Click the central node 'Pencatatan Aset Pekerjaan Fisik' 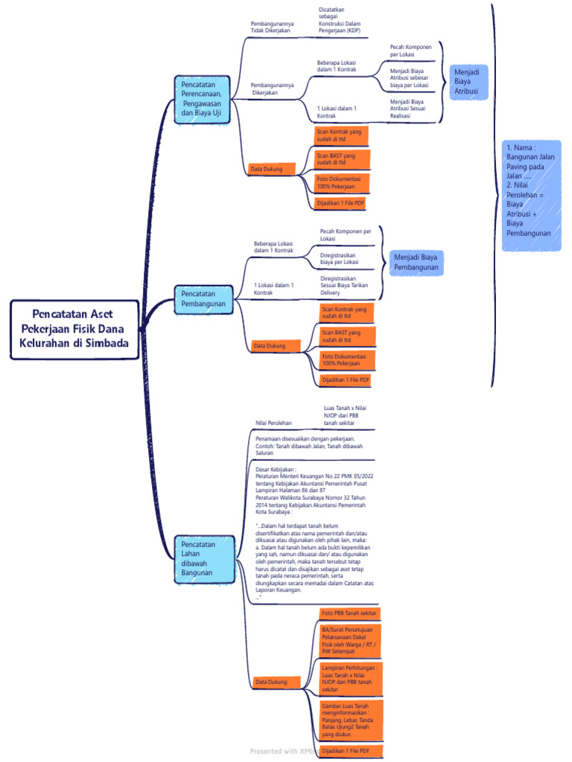[75, 329]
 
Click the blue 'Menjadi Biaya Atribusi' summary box [468, 81]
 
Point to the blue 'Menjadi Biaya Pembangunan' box [416, 262]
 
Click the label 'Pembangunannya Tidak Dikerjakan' [272, 28]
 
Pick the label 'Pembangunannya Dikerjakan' [272, 89]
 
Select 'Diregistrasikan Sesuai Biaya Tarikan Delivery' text [343, 286]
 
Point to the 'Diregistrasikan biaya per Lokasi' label [339, 259]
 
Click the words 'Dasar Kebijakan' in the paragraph [275, 470]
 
